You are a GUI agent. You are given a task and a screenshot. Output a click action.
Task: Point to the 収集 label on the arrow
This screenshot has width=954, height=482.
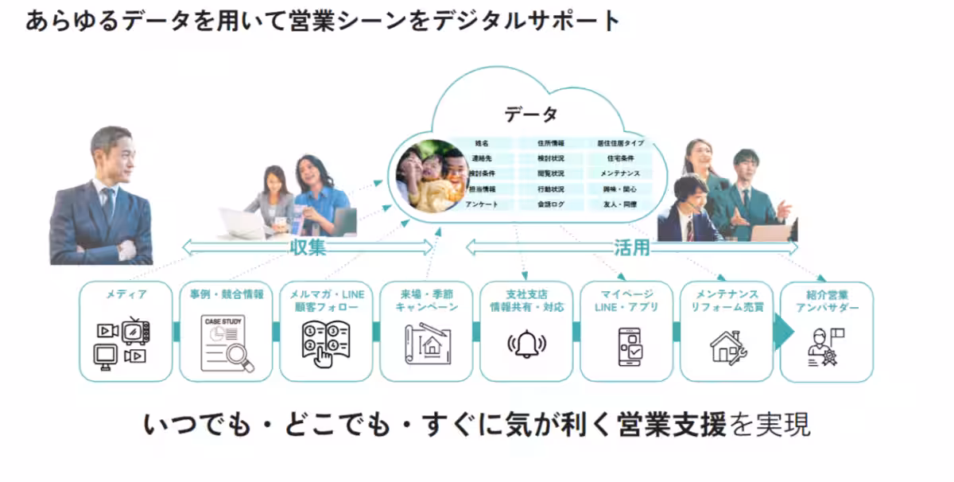pyautogui.click(x=308, y=247)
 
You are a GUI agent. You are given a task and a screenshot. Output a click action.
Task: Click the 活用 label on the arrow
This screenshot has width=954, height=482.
pyautogui.click(x=632, y=247)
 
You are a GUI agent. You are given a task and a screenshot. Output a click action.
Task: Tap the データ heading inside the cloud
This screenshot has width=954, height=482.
pyautogui.click(x=531, y=115)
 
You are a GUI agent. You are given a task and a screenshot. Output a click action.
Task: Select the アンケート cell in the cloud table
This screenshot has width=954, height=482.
pyautogui.click(x=481, y=204)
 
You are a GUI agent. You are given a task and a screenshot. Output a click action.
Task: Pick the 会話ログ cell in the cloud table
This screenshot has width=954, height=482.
pyautogui.click(x=550, y=204)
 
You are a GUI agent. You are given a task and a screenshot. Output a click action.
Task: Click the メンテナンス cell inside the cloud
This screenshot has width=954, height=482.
pyautogui.click(x=620, y=174)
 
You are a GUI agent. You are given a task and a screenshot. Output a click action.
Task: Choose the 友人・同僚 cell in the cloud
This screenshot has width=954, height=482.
pyautogui.click(x=620, y=204)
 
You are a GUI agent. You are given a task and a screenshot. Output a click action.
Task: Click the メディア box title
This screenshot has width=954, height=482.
pyautogui.click(x=126, y=295)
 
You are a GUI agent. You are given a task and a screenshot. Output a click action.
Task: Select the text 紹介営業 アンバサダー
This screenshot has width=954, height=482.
pyautogui.click(x=826, y=301)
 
